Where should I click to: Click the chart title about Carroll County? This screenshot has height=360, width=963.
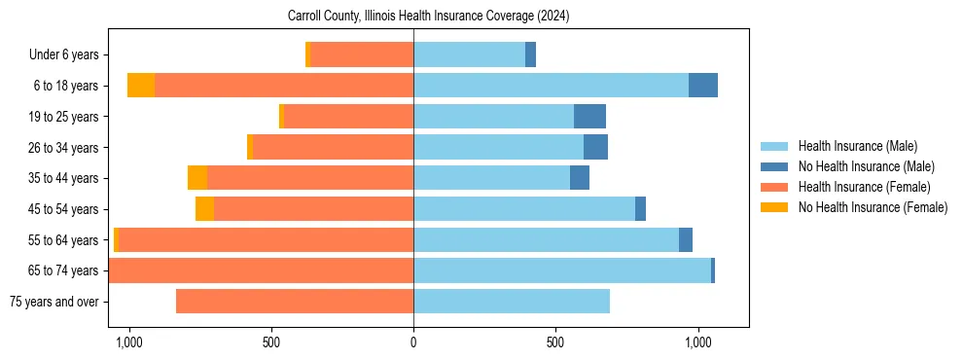click(x=429, y=17)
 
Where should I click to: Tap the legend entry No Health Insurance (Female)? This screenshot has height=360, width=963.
click(x=873, y=207)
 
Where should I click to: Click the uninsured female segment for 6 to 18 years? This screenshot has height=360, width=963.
click(x=141, y=86)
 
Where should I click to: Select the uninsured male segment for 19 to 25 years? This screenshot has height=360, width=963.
click(x=589, y=117)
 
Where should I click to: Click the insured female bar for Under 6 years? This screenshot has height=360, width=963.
click(x=362, y=54)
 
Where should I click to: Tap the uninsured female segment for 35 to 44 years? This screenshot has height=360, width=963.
click(x=197, y=178)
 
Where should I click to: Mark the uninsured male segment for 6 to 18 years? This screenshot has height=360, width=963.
click(x=703, y=86)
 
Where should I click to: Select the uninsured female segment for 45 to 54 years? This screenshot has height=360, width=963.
click(x=204, y=209)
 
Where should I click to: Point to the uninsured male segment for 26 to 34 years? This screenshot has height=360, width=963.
click(x=595, y=147)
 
